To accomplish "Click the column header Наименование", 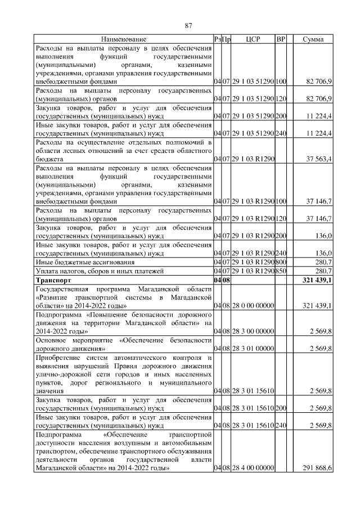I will coord(124,39).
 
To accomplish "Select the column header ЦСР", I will coord(253,39).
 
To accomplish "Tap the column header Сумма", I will coord(313,39).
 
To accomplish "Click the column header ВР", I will coord(281,39).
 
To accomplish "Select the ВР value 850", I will coord(281,271).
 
